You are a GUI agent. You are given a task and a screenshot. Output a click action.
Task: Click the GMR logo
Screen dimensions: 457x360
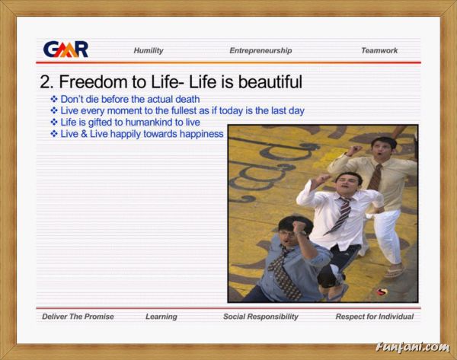[66, 49]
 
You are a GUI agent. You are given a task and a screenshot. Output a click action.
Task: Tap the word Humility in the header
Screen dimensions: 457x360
[149, 51]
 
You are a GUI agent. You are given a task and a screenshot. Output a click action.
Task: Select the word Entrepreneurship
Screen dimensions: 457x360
[260, 51]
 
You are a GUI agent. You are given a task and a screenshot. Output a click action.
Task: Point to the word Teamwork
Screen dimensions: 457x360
[379, 51]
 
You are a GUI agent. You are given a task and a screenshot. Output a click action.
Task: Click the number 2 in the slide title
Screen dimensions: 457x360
[45, 82]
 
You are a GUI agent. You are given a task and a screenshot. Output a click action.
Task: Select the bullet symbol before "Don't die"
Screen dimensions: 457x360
[54, 99]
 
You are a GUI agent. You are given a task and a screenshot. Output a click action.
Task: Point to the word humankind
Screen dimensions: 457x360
[149, 123]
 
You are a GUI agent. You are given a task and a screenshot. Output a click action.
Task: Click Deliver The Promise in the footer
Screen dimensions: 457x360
[78, 317]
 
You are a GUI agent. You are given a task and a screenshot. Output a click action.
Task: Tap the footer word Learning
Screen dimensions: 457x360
[161, 317]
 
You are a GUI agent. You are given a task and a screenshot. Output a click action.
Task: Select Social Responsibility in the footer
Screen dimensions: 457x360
[260, 317]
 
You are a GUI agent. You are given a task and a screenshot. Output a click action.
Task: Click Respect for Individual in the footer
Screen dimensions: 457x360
[375, 317]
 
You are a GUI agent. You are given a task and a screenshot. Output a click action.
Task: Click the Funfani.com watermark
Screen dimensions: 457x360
[413, 347]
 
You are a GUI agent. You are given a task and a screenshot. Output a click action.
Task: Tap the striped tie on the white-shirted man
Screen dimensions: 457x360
[341, 215]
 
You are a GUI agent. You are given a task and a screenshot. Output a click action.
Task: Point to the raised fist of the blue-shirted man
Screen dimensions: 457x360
[299, 228]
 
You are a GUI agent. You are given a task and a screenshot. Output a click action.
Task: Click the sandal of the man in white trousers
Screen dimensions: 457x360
[394, 272]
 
